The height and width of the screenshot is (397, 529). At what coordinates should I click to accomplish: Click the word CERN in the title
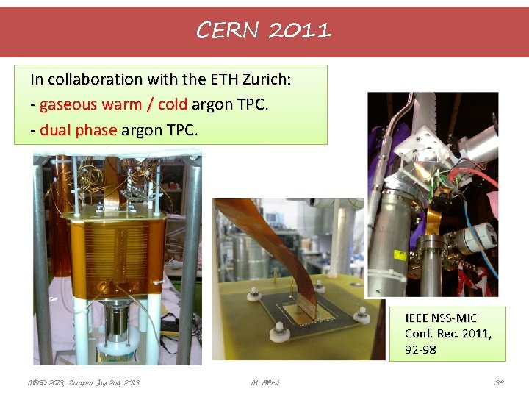228,29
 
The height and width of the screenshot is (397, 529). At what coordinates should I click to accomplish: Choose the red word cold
172,104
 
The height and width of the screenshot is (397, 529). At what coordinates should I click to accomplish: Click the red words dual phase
78,130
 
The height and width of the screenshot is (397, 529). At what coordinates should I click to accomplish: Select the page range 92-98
420,349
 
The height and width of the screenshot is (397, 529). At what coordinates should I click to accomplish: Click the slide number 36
499,382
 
